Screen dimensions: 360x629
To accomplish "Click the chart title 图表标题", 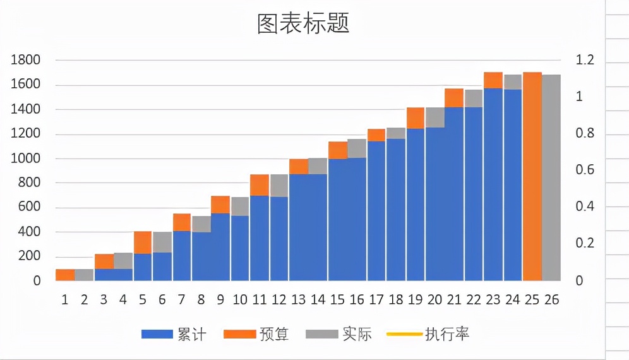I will pyautogui.click(x=303, y=24).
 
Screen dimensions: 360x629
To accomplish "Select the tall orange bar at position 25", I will pyautogui.click(x=532, y=177).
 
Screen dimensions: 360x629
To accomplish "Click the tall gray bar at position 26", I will pyautogui.click(x=551, y=178).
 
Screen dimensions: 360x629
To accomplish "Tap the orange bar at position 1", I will pyautogui.click(x=65, y=275).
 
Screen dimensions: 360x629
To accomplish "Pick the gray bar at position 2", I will pyautogui.click(x=84, y=275).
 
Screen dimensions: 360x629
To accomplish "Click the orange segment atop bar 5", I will pyautogui.click(x=143, y=243).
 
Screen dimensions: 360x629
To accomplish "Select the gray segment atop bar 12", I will pyautogui.click(x=279, y=186).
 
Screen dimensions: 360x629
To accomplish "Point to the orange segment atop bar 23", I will pyautogui.click(x=493, y=80).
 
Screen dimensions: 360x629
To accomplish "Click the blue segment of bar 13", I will pyautogui.click(x=299, y=227).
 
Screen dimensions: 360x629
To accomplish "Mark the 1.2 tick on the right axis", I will pyautogui.click(x=586, y=60).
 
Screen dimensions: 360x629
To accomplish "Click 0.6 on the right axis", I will pyautogui.click(x=586, y=170).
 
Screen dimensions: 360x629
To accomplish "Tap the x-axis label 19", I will pyautogui.click(x=416, y=299).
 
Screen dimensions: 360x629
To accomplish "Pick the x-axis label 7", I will pyautogui.click(x=182, y=299).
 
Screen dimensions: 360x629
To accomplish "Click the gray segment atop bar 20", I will pyautogui.click(x=435, y=117).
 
